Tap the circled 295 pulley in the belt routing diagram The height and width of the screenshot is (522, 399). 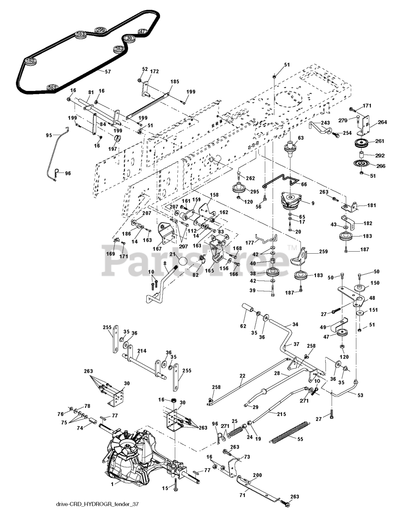(100, 30)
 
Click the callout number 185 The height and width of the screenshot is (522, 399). (174, 82)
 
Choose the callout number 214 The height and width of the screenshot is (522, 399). (142, 351)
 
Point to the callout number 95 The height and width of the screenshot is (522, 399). (49, 135)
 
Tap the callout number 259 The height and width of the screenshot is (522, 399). (311, 252)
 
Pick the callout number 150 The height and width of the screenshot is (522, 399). (375, 283)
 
